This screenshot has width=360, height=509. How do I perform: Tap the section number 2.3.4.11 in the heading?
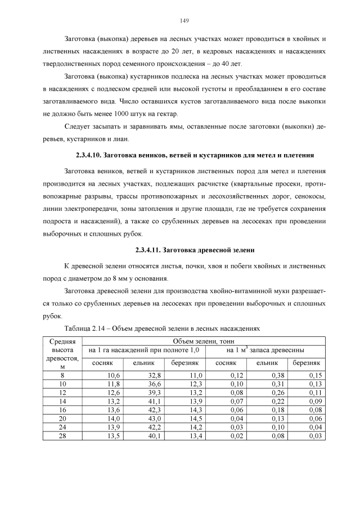click(x=151, y=250)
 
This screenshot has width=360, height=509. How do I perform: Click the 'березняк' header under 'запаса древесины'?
click(x=307, y=363)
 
